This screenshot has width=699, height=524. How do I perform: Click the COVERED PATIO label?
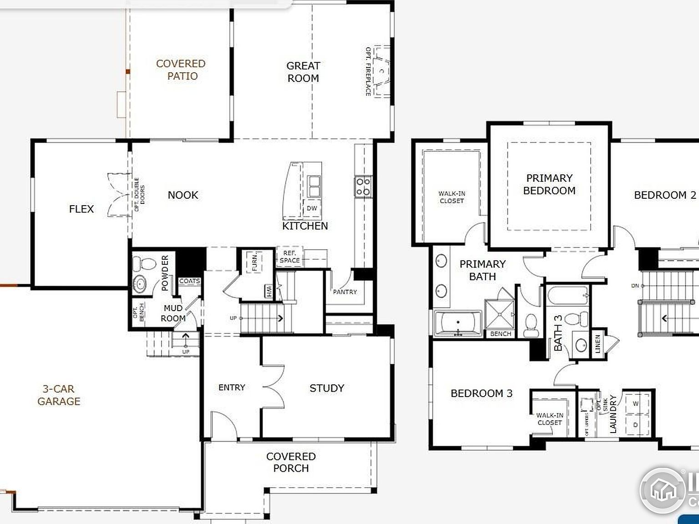click(x=181, y=70)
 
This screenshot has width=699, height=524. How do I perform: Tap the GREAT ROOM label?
click(x=303, y=72)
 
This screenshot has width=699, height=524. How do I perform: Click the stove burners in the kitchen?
click(x=363, y=187)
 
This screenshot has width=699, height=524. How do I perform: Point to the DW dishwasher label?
click(x=312, y=208)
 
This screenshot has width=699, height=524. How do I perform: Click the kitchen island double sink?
click(x=313, y=186)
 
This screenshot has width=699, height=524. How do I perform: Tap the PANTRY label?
click(x=345, y=292)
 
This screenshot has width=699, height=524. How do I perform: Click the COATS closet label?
click(x=189, y=281)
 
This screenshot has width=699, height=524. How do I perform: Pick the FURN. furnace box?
click(x=255, y=261)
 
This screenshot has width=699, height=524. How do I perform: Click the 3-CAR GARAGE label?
click(x=59, y=395)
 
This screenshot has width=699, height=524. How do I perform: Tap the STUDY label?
click(x=327, y=388)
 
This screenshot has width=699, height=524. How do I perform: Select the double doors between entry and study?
click(x=273, y=387)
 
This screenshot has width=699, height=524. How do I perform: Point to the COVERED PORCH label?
click(x=291, y=462)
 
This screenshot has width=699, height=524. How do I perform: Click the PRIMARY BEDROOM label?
click(x=549, y=184)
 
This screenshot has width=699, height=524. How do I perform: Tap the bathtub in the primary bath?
click(x=457, y=324)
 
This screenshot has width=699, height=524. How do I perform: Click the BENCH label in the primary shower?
click(x=501, y=334)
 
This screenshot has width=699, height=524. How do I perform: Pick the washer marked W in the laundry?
click(x=636, y=403)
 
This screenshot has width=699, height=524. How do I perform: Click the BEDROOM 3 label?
click(x=481, y=393)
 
